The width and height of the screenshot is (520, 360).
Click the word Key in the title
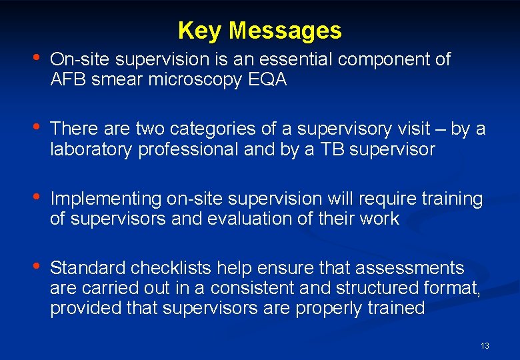(x=201, y=31)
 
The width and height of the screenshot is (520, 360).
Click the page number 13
(x=485, y=345)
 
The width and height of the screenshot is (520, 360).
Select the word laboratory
(x=94, y=149)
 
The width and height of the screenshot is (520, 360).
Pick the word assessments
(x=409, y=268)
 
